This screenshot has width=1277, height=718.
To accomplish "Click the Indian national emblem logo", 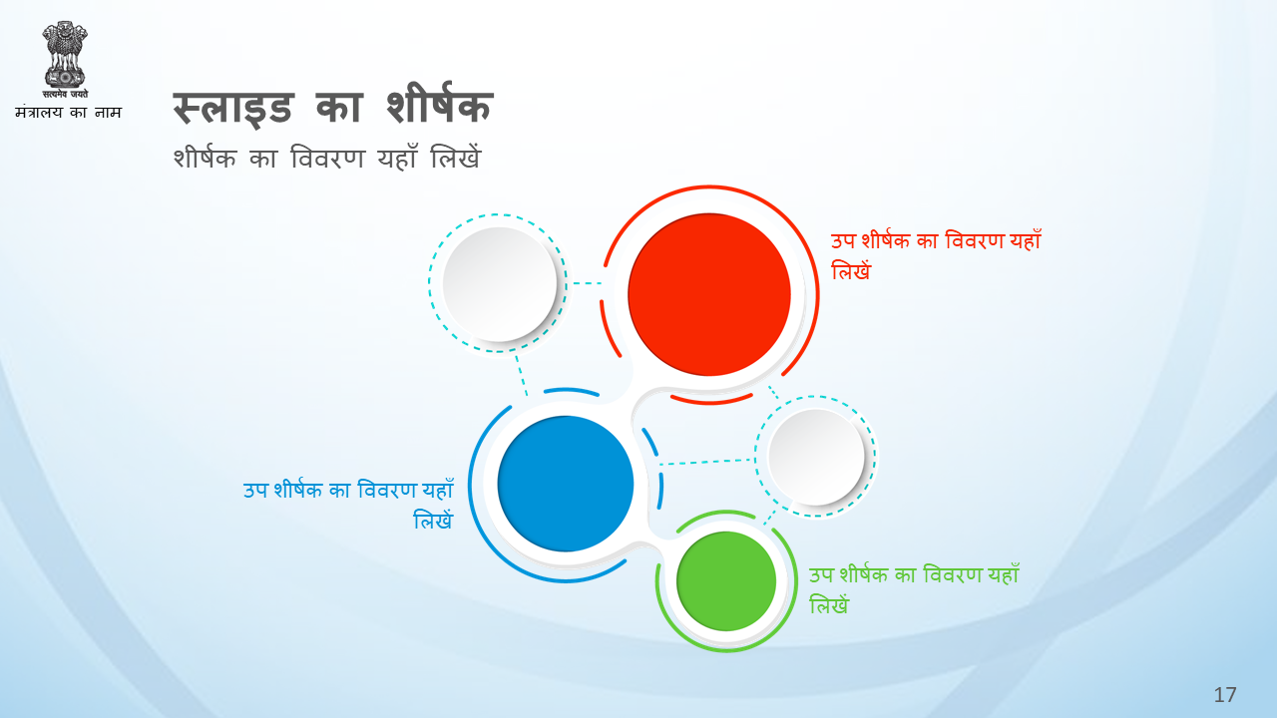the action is point(65,59).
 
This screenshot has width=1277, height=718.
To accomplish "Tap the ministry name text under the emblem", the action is point(69,113).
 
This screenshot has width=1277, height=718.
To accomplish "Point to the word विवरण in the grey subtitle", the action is point(327,158).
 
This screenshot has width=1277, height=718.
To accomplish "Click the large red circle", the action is point(709,294).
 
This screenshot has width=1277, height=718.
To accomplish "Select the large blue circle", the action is point(566,484).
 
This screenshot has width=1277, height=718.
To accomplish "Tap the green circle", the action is point(726,581).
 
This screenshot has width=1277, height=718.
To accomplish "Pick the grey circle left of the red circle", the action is point(500,284).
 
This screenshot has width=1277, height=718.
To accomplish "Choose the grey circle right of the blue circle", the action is point(816,457).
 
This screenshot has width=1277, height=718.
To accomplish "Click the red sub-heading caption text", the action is point(936,256).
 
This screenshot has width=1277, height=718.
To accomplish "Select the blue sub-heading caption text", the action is point(348,505).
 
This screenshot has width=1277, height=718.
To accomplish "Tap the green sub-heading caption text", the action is point(914,589).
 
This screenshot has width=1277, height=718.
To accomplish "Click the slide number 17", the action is point(1225,695).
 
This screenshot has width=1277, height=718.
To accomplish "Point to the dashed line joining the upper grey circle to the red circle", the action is point(588,283).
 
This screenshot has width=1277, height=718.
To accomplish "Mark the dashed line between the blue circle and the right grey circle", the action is point(707,462).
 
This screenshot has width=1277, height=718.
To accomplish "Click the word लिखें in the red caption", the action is point(851,270).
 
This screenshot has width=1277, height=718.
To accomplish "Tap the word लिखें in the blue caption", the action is point(433,521).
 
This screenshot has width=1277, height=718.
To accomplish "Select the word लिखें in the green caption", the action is point(829,604).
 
